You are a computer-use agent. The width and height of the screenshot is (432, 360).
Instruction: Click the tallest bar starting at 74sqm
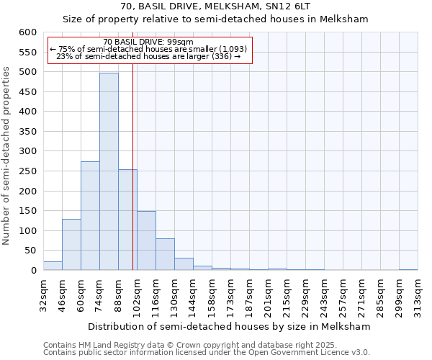pos(109,171)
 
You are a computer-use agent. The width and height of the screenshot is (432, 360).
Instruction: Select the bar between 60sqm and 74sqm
pos(90,216)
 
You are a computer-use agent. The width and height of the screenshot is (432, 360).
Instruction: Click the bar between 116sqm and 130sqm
pos(165,254)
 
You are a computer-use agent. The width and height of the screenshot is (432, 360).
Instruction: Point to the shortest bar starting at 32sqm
pos(53,266)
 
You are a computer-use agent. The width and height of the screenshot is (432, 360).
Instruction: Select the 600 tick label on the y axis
pos(27,32)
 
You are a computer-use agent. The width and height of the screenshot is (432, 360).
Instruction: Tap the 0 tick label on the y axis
pos(33,271)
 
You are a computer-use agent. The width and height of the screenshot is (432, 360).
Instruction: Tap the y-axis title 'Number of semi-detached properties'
pos(7,156)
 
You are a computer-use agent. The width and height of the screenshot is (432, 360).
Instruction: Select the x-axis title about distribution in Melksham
pos(230,326)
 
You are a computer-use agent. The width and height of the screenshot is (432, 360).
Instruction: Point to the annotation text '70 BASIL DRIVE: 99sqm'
pos(148,42)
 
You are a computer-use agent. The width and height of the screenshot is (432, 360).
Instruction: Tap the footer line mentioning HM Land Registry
pos(185,345)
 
